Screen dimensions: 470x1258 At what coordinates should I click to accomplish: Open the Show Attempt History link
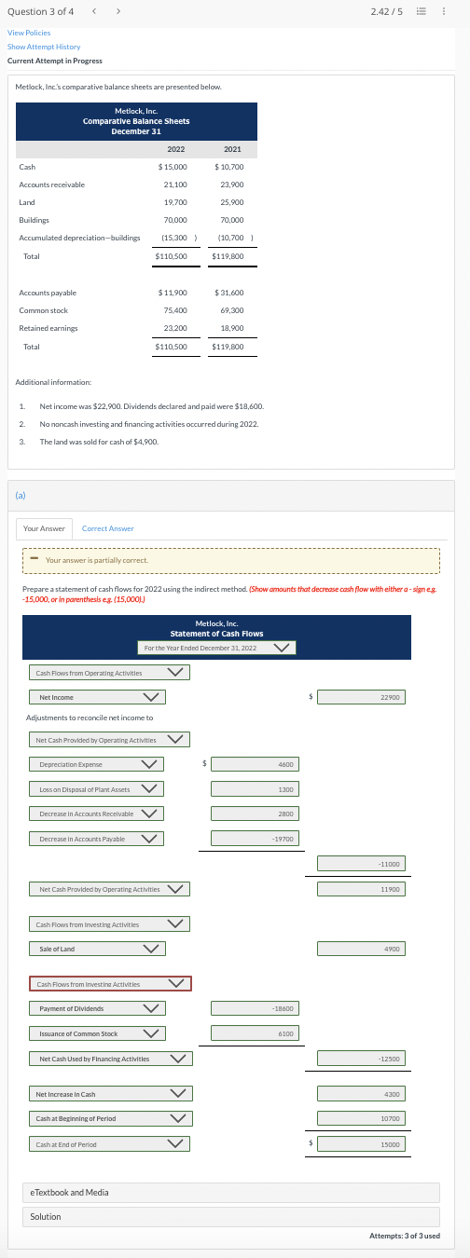(x=44, y=47)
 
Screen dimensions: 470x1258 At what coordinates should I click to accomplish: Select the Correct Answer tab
(x=108, y=528)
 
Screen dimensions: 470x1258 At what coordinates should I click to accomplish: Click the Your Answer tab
(x=45, y=528)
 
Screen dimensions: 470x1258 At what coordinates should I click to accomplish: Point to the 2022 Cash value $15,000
(x=173, y=167)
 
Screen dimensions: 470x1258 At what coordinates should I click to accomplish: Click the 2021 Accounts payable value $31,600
(x=228, y=293)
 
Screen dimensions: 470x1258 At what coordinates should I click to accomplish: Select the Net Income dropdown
(x=96, y=697)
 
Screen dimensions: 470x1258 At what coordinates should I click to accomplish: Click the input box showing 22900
(x=361, y=697)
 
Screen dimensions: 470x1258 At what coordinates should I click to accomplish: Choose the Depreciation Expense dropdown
(x=96, y=764)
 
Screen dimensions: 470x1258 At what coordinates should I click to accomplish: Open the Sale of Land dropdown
(x=96, y=923)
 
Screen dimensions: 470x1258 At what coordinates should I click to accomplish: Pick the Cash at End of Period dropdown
(x=110, y=1143)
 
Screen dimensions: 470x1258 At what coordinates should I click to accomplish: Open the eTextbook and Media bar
(x=230, y=1192)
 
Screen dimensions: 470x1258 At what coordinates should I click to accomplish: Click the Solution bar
(x=230, y=1216)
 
